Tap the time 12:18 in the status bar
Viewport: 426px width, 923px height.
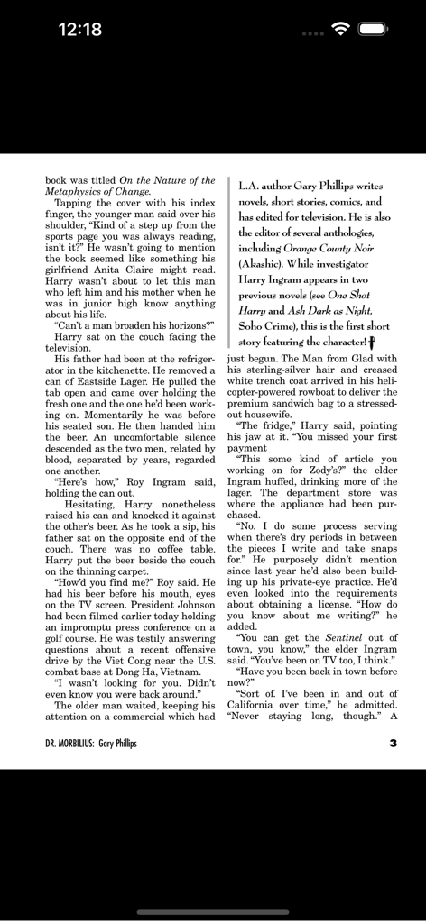pos(79,30)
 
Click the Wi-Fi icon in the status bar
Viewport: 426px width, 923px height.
pos(340,29)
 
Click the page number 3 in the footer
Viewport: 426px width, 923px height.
pos(393,744)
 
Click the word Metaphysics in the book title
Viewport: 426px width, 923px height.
pos(76,191)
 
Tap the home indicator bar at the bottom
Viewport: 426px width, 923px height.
pos(213,911)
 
